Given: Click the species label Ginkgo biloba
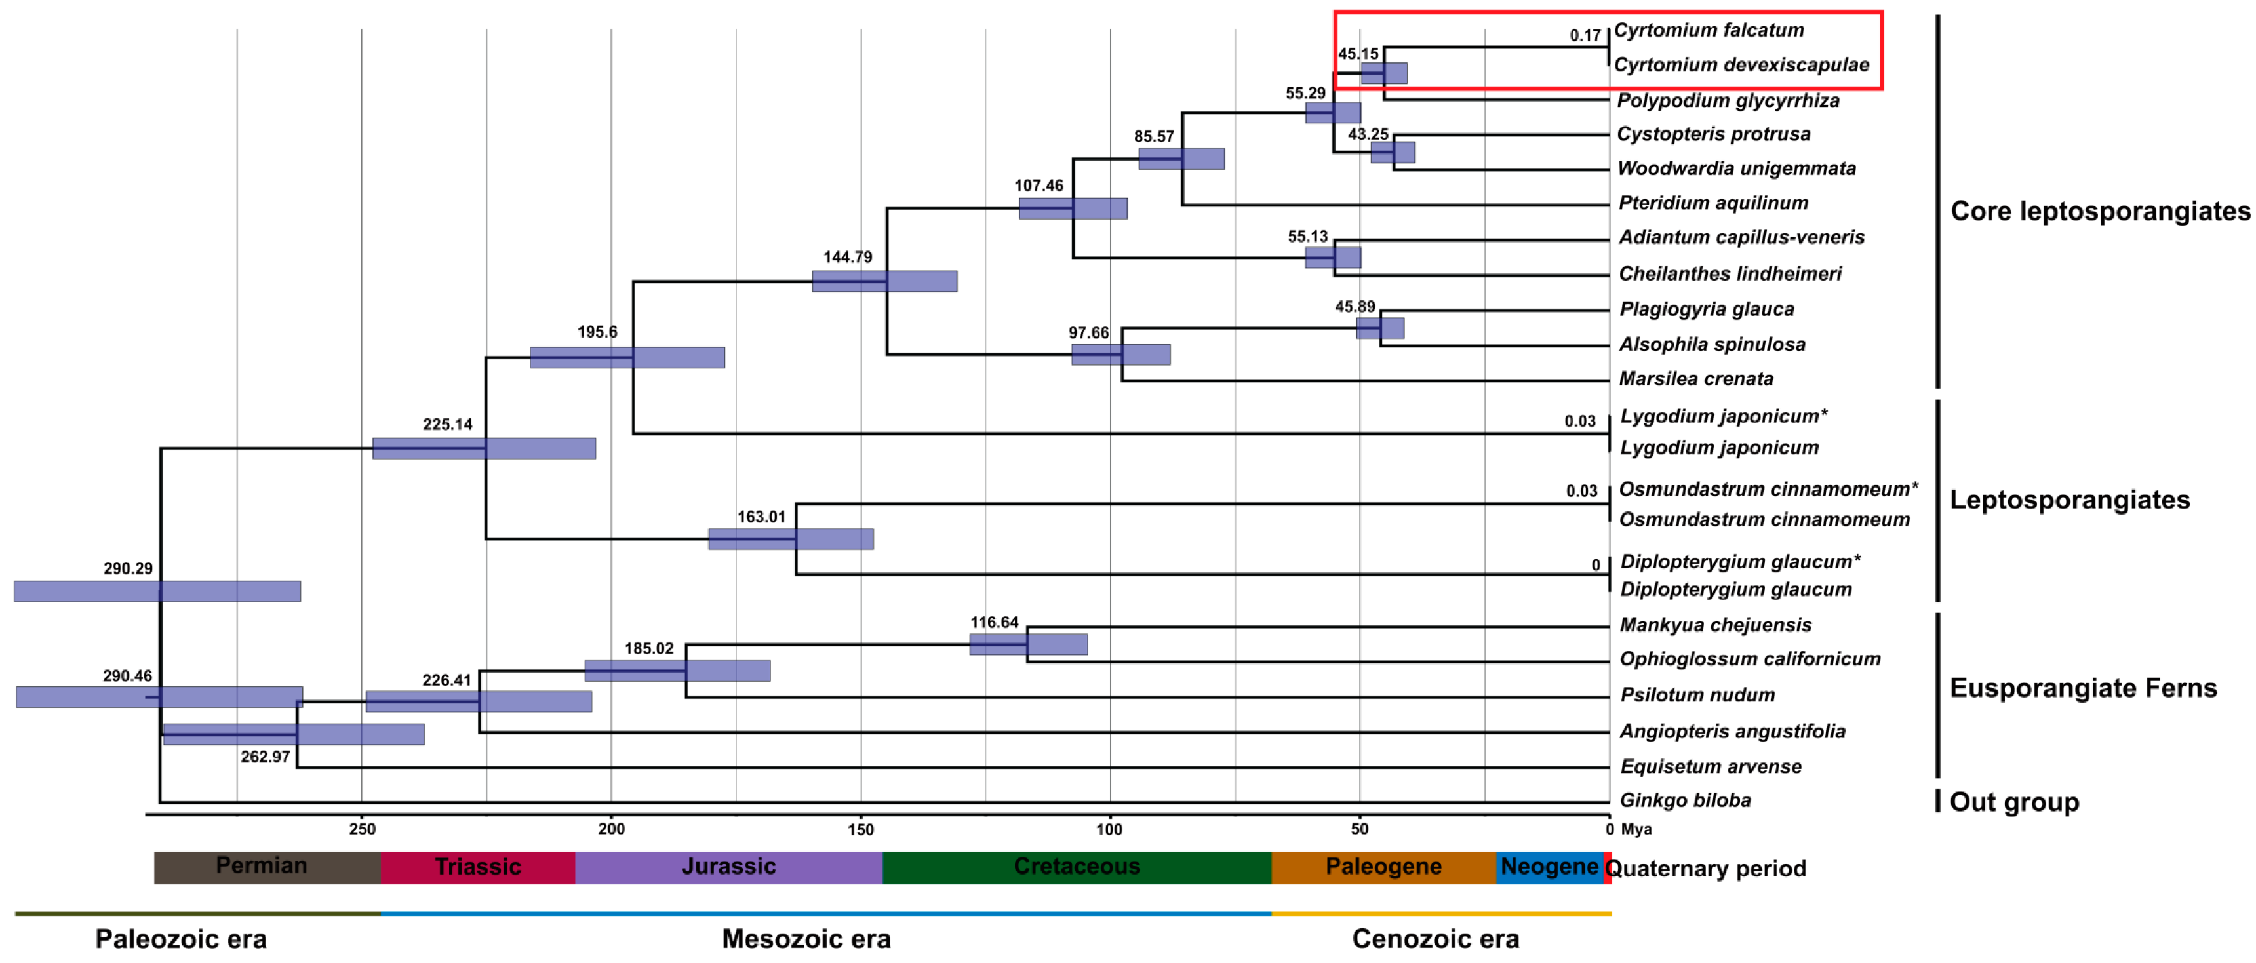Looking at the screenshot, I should pyautogui.click(x=1684, y=800).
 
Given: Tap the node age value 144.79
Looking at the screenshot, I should pyautogui.click(x=847, y=256).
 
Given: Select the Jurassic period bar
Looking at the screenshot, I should pyautogui.click(x=728, y=867).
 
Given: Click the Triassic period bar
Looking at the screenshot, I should pyautogui.click(x=477, y=867).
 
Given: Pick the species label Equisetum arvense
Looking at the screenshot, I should pyautogui.click(x=1711, y=766).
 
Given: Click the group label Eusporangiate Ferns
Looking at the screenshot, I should pyautogui.click(x=2083, y=688).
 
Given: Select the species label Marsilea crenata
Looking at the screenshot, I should pyautogui.click(x=1695, y=378).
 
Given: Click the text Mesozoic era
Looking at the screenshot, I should pyautogui.click(x=806, y=939).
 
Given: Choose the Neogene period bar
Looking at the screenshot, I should pyautogui.click(x=1549, y=867).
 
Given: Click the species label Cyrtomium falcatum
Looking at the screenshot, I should pyautogui.click(x=1709, y=29).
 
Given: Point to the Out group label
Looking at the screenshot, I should pyautogui.click(x=2013, y=802).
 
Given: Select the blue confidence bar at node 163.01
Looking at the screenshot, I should pyautogui.click(x=790, y=538).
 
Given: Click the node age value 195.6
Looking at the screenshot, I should pyautogui.click(x=597, y=332).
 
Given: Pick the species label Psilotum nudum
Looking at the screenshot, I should pyautogui.click(x=1697, y=694).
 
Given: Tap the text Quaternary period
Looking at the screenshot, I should pyautogui.click(x=1705, y=869).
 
